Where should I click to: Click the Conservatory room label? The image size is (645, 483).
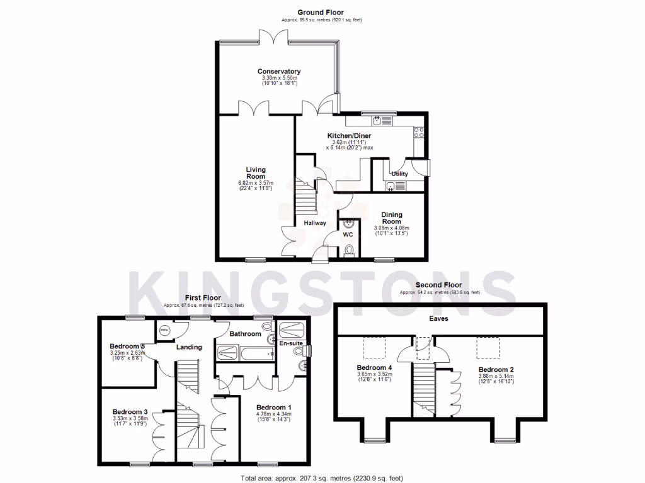(278, 72)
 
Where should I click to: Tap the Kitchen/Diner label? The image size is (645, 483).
(349, 136)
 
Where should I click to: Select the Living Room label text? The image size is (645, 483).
(256, 173)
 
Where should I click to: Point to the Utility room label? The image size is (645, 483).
(399, 174)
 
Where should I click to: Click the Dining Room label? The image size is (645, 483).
(392, 218)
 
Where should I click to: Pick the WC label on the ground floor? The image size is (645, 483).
(348, 235)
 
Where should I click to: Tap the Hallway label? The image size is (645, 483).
(315, 223)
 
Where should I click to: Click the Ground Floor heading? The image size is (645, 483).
(321, 13)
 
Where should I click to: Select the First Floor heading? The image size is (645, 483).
(202, 297)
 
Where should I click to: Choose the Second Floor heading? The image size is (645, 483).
(439, 285)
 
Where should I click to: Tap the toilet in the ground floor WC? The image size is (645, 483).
(349, 251)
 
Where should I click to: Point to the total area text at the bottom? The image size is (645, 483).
(322, 478)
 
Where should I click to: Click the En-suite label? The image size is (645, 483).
(290, 344)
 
